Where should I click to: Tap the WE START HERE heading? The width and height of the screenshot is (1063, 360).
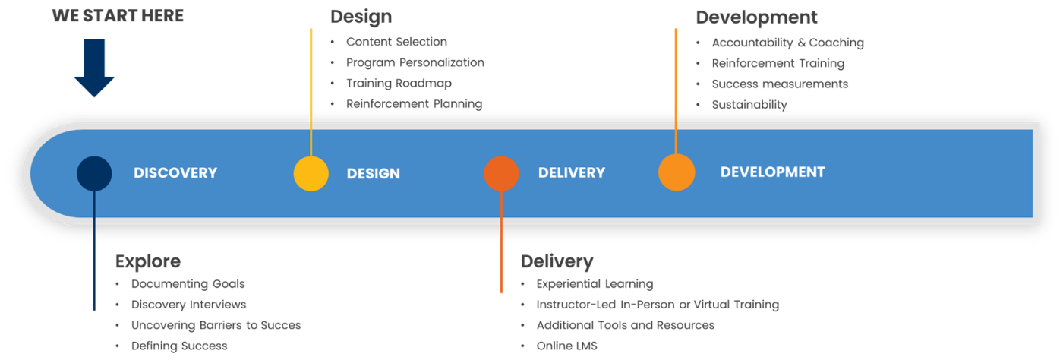[118, 15]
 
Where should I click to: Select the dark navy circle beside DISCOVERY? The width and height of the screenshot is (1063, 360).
[94, 173]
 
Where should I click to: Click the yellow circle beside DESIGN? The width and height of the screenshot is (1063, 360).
[311, 173]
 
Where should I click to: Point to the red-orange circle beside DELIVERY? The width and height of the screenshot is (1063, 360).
[501, 173]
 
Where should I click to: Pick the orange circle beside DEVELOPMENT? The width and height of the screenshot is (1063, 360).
[677, 172]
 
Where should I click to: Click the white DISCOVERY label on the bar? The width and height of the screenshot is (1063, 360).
[175, 173]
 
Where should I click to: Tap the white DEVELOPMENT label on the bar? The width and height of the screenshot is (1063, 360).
[772, 172]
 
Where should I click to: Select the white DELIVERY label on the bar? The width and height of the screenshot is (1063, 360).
[572, 173]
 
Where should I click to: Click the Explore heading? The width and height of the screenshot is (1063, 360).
[148, 262]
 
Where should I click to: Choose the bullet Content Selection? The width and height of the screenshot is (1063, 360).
[396, 42]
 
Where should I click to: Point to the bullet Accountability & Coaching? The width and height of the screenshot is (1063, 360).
[787, 43]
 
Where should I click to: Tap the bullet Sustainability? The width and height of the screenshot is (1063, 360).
[749, 105]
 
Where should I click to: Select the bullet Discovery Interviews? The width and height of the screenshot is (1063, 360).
[188, 305]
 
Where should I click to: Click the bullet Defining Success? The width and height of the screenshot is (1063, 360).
[179, 346]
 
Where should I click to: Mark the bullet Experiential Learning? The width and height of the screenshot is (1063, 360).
[595, 284]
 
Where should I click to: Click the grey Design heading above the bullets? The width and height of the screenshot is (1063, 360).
[361, 16]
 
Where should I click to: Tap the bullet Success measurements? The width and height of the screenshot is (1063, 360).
[780, 84]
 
